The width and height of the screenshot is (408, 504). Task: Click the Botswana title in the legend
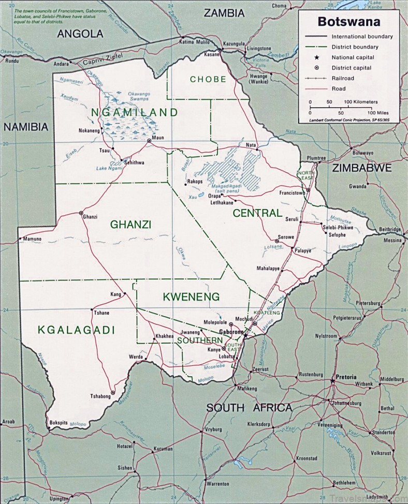[348, 22]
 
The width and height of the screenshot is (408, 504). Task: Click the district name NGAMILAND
[135, 112]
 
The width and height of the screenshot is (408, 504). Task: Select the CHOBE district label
[208, 79]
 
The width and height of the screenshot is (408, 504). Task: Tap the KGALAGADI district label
[76, 330]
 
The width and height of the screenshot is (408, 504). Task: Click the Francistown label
[293, 193]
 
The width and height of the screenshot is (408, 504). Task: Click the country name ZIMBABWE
[361, 168]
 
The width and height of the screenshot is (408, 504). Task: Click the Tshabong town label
[100, 396]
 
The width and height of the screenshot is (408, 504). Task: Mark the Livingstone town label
[258, 49]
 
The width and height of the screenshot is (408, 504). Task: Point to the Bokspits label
[59, 423]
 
